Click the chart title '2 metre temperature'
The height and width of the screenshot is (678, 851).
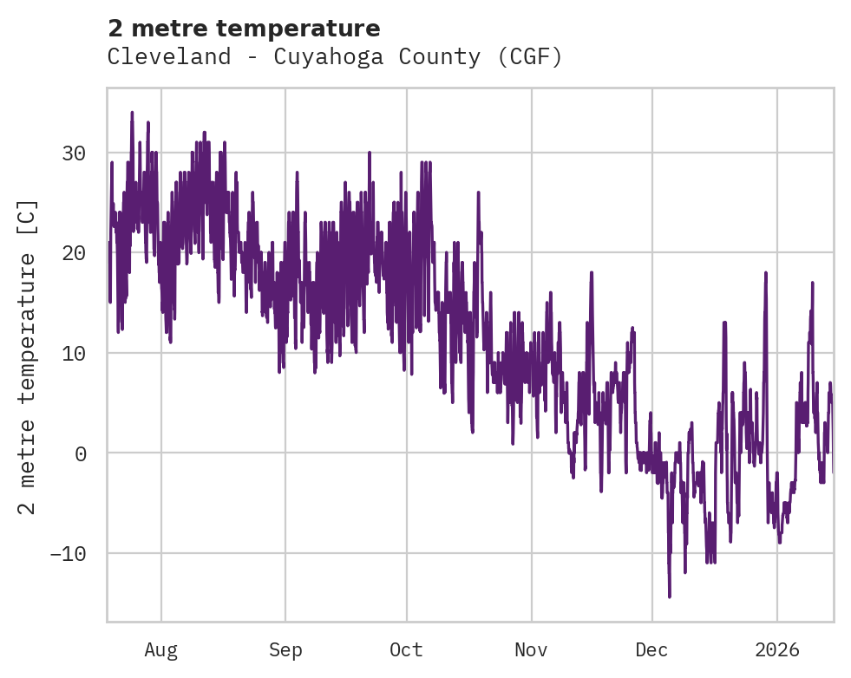click(x=244, y=29)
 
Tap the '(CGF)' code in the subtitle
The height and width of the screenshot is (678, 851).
click(x=531, y=57)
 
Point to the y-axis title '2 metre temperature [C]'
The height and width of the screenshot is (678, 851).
click(x=29, y=356)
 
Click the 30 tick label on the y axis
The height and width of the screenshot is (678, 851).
click(x=74, y=153)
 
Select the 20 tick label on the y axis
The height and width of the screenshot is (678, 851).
click(x=74, y=253)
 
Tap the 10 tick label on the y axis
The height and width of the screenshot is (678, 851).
click(x=74, y=353)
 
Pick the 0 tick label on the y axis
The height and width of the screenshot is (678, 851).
click(x=81, y=453)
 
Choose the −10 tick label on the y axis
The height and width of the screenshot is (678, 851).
click(x=68, y=553)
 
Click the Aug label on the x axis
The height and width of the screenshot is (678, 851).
click(x=161, y=649)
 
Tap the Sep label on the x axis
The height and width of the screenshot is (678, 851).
click(x=285, y=649)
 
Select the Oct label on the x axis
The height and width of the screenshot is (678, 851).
click(x=406, y=649)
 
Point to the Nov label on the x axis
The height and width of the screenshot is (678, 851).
click(x=531, y=649)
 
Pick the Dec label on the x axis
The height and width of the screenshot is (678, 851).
click(x=651, y=649)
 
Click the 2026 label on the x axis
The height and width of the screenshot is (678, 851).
click(x=777, y=649)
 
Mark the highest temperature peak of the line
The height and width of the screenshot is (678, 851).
click(x=132, y=112)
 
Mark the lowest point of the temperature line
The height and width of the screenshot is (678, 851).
click(x=669, y=597)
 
